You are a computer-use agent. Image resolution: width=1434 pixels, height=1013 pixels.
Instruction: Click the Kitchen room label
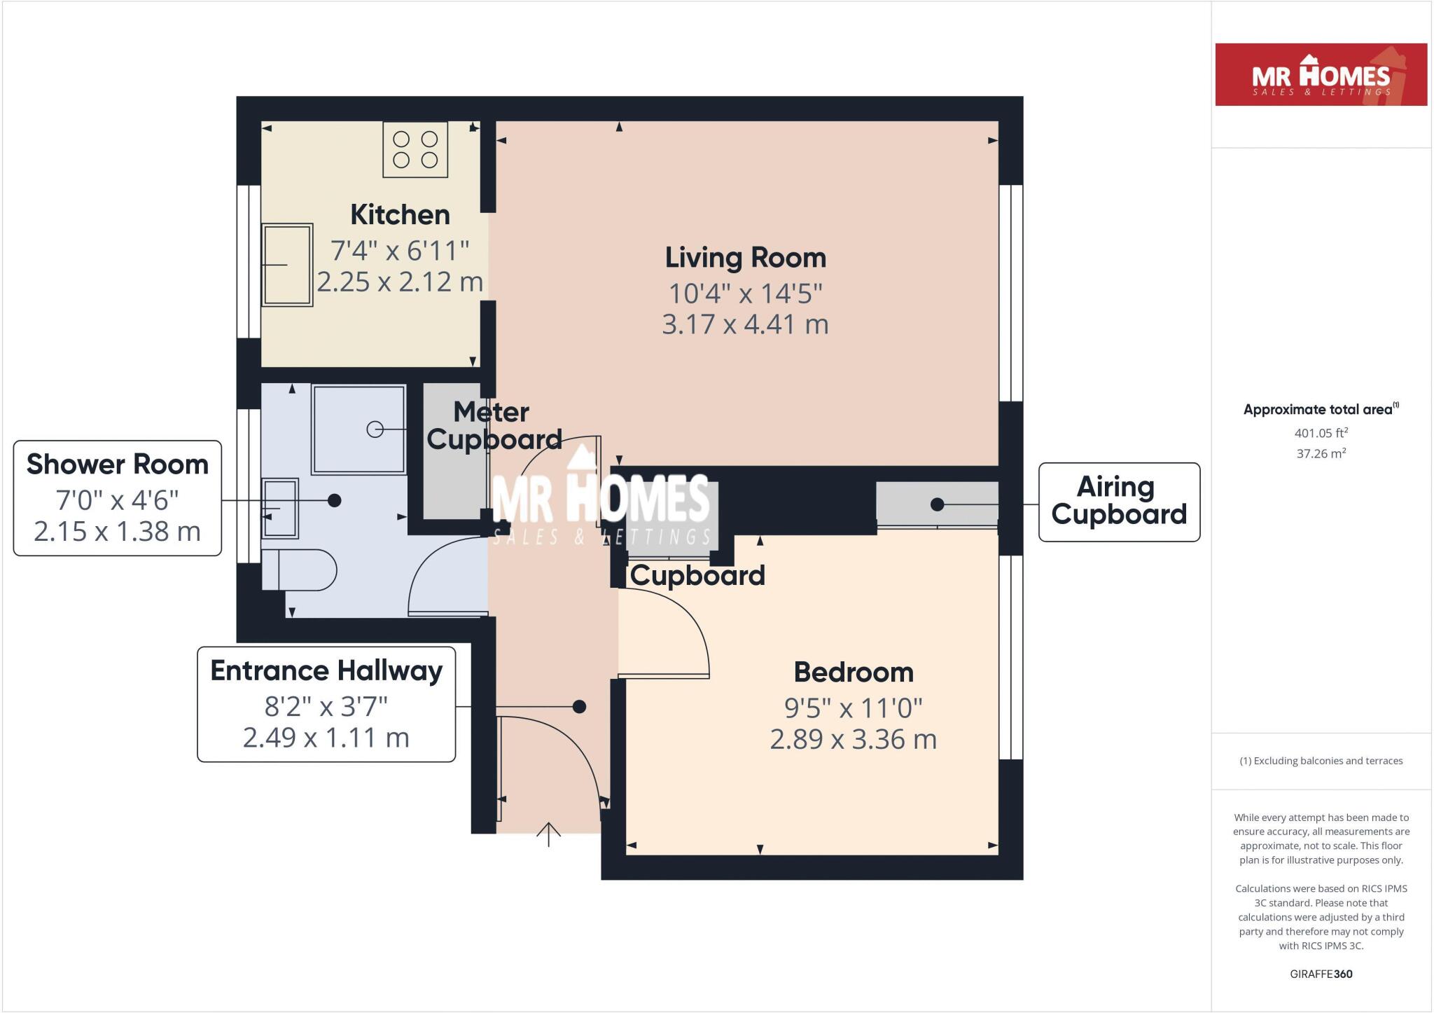400,214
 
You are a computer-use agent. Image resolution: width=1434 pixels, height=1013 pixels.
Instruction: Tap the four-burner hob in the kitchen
415,149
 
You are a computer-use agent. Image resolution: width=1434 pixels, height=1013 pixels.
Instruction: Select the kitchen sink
287,265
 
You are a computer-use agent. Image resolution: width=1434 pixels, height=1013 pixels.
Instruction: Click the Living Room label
745,257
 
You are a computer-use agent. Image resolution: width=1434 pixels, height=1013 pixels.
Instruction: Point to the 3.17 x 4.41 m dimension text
745,324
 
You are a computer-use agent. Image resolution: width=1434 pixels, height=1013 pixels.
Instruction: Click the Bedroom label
854,672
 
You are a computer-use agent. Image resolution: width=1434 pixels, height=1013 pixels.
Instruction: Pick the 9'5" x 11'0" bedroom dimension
854,708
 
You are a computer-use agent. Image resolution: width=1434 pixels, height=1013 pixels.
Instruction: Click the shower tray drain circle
375,429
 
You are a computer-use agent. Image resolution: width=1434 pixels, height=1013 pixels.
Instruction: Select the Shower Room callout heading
118,464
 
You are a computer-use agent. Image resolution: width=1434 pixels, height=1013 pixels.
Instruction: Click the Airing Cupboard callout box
1119,502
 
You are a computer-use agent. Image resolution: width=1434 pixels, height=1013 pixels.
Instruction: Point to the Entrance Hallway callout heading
326,670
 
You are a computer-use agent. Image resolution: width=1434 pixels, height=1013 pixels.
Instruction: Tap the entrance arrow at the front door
548,834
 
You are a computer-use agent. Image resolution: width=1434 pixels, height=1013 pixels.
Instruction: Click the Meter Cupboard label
494,425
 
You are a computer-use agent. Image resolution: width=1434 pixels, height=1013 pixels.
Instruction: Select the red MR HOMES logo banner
1321,75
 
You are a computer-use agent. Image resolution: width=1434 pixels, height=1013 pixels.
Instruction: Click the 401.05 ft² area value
1321,433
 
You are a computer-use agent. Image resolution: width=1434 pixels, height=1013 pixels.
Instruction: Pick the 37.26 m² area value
1321,453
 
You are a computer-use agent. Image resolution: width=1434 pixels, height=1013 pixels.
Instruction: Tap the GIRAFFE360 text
1321,974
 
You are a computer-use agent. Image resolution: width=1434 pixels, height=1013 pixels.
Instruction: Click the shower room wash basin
280,508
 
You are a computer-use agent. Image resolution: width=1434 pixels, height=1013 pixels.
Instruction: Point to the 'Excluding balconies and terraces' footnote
1321,761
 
